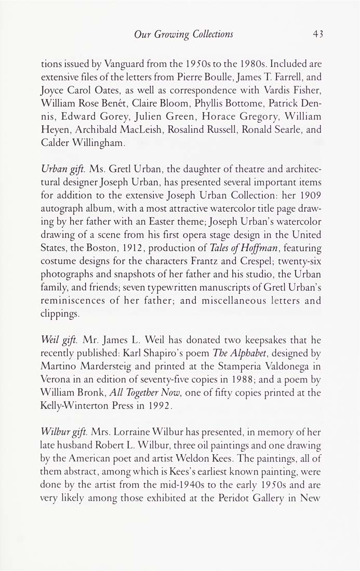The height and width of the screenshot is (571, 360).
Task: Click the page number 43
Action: [x=318, y=35]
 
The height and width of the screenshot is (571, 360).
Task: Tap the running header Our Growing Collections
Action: [x=183, y=35]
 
